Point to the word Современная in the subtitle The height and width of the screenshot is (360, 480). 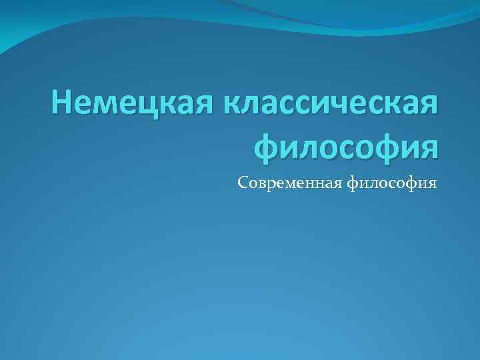(x=289, y=182)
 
